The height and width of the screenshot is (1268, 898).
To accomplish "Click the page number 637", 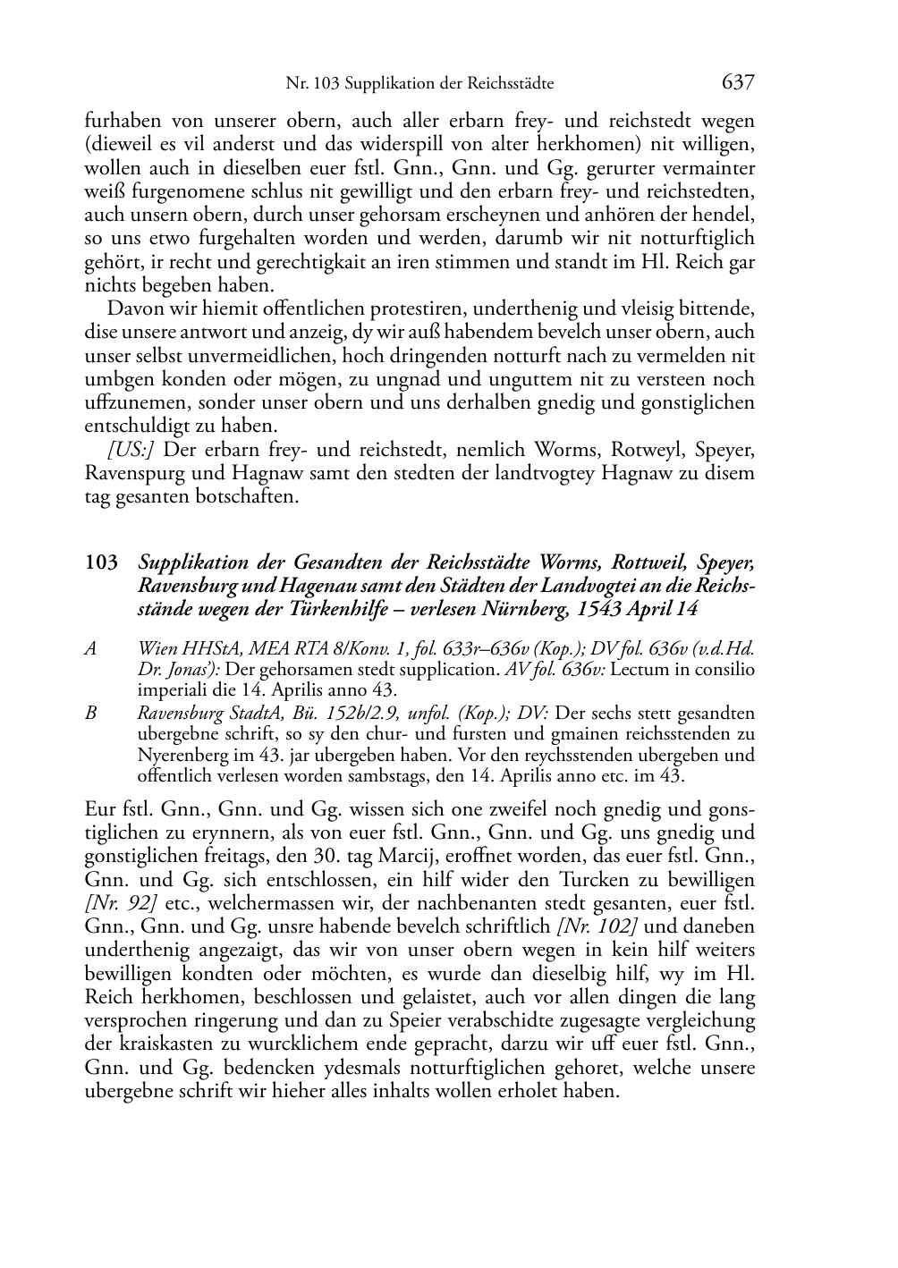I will (x=739, y=82).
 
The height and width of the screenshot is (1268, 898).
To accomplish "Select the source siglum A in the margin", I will (x=90, y=648).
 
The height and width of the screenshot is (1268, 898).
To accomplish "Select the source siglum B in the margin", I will (x=90, y=714).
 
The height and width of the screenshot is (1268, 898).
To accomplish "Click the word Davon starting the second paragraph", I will (x=133, y=309).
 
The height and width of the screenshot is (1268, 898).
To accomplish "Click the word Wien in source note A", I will (x=156, y=648).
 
